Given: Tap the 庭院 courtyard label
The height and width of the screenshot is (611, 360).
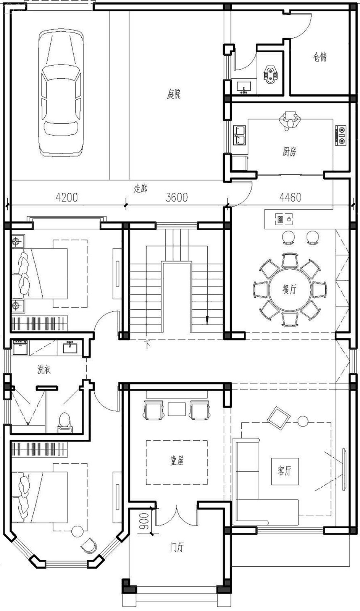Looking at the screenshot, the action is pos(174,94).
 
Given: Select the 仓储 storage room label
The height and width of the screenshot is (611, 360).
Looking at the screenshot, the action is pos(320,57).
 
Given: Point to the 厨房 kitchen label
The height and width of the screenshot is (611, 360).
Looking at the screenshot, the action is pos(289,151).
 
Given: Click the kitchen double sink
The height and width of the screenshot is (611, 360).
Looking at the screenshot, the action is pos(239,135).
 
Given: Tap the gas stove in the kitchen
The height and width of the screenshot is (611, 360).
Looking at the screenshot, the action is pos(341,134).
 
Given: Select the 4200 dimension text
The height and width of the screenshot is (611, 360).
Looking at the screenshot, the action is pos(66,197).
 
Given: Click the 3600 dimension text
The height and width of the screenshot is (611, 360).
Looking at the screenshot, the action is pos(177,197).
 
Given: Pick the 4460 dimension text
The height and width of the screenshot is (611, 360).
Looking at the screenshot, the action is pos(291,197).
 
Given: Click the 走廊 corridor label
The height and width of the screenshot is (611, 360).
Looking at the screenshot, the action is pos(140,189).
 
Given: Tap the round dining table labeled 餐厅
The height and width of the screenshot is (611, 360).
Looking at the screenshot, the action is pos(290,289).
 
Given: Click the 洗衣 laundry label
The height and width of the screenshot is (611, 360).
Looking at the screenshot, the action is pos(44,370).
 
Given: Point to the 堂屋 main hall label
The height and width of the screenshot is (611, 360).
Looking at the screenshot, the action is pos(177,461).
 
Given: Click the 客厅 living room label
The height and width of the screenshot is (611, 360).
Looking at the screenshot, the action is pos(284,471).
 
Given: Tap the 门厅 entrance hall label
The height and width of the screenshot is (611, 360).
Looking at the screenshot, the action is pos(177,547).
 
